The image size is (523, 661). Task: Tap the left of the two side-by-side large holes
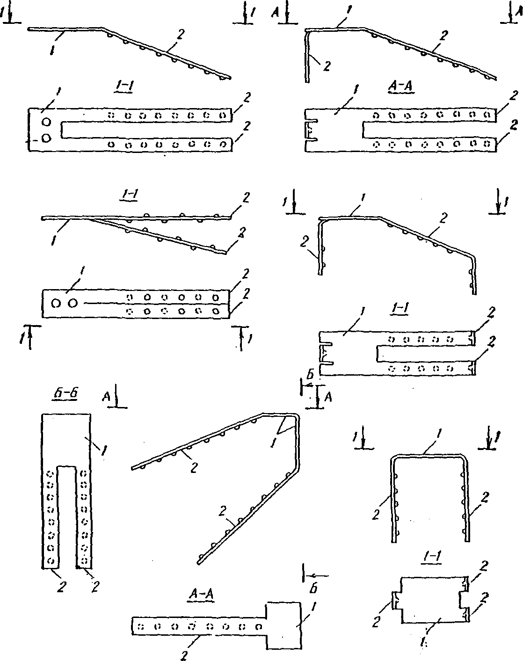56,303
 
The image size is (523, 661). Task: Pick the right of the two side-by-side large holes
72,303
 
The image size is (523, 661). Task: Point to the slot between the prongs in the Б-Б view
66,515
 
